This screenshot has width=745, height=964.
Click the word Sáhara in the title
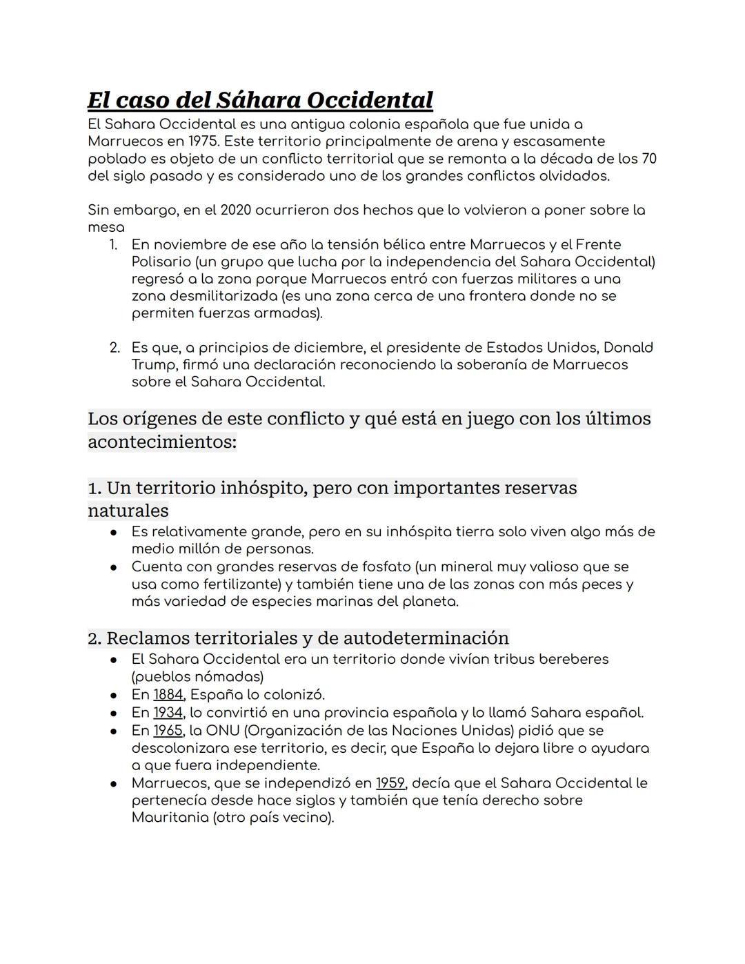(x=258, y=100)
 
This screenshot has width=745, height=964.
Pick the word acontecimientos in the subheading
(x=161, y=442)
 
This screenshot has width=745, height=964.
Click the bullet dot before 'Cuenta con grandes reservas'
(x=112, y=567)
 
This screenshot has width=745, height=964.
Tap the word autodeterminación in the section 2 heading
(x=426, y=638)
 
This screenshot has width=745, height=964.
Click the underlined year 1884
(x=168, y=694)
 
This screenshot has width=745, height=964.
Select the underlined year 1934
(x=168, y=712)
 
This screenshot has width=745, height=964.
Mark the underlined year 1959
(x=390, y=783)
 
